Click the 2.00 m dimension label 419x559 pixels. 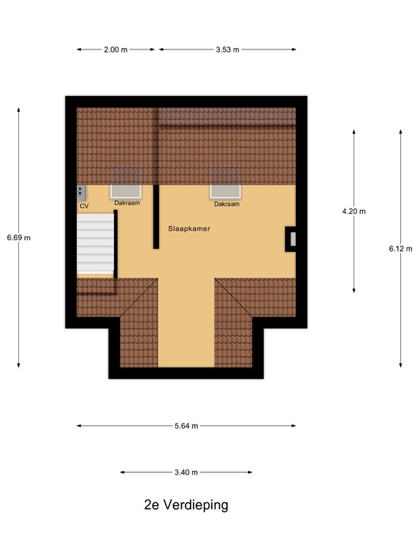point(116,49)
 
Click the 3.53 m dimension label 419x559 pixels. point(227,49)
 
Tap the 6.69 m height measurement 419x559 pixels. point(18,237)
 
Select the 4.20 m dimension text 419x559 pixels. point(354,211)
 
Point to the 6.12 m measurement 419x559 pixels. point(401,248)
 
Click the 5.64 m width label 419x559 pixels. point(186,426)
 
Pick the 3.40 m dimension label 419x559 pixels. point(186,472)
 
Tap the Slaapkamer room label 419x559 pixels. point(189,228)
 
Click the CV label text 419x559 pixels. point(84,206)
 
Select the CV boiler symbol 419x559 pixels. point(81,192)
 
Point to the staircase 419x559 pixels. point(96,242)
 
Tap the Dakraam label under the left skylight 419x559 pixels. point(127,204)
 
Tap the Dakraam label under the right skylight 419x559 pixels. point(226,204)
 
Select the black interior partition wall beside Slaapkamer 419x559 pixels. point(156,217)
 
